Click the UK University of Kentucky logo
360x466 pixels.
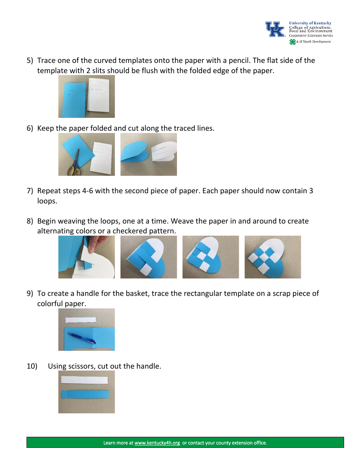click(x=275, y=29)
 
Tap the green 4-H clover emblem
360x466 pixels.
click(x=292, y=42)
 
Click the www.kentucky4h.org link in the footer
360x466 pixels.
click(x=157, y=443)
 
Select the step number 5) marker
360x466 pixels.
click(x=30, y=61)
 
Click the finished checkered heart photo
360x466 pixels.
click(x=272, y=257)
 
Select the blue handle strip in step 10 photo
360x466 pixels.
click(x=85, y=394)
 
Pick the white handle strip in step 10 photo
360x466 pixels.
click(x=85, y=380)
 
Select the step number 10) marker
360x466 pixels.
click(x=32, y=366)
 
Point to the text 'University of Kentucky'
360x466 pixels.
click(x=310, y=23)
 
